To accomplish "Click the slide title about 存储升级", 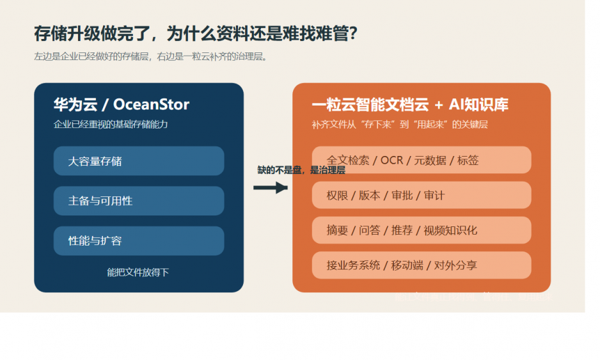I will coord(195,33).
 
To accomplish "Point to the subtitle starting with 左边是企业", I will coord(150,56).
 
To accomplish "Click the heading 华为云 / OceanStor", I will coord(122,104).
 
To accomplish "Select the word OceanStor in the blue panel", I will coord(151,104).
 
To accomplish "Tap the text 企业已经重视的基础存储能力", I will coord(111,124).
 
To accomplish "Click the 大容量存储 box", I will coord(139,161).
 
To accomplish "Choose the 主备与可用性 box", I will coord(139,201).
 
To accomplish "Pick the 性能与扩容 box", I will coord(139,241).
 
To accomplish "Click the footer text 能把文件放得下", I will coord(138,272).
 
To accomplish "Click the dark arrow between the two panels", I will coord(270,187).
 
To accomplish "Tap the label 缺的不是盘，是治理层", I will coord(301,170).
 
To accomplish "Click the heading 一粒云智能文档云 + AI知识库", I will coord(410,105).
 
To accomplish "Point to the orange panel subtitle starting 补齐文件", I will coord(400,125).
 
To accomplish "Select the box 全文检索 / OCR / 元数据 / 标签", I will coord(422,160).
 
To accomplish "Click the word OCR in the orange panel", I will coord(391,160).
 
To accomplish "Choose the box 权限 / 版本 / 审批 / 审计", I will coord(422,195).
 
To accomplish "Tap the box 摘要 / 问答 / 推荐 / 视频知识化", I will coord(422,230).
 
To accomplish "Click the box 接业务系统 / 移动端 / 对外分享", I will coord(422,265).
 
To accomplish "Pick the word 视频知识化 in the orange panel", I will coord(450,230).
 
